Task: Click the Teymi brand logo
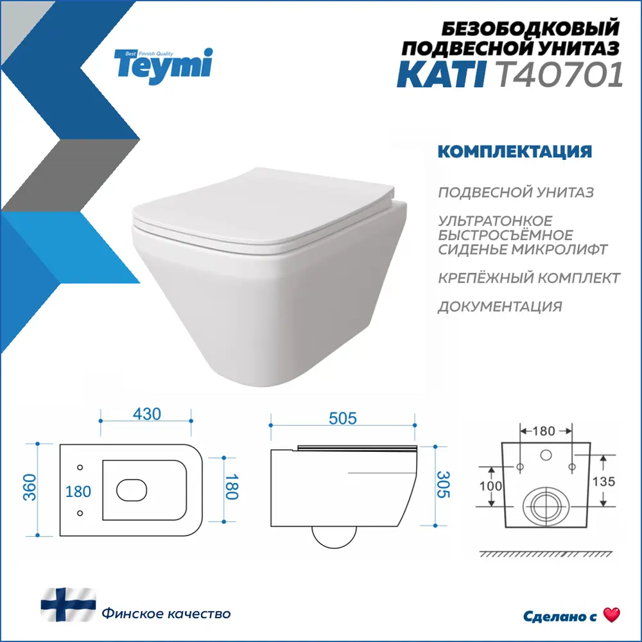[x=162, y=63]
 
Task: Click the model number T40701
[x=560, y=76]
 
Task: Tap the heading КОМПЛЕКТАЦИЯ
[x=514, y=152]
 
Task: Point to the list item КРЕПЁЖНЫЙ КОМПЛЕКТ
[x=528, y=278]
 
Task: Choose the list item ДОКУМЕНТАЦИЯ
[x=499, y=306]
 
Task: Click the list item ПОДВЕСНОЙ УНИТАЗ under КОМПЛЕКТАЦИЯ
[x=516, y=193]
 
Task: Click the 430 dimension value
[x=147, y=414]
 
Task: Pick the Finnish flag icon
[x=67, y=607]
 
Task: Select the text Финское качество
[x=166, y=614]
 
